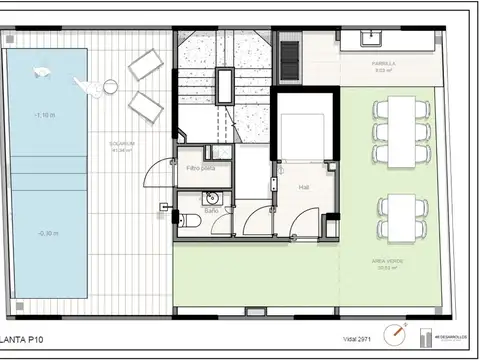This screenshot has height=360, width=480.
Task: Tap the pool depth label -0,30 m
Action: click(46, 232)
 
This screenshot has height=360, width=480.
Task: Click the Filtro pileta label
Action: click(201, 168)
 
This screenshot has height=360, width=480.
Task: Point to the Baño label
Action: click(212, 212)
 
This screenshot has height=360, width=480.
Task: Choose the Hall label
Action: click(303, 187)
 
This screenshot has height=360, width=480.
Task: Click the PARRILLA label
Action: click(384, 64)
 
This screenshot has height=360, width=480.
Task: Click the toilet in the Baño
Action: click(183, 220)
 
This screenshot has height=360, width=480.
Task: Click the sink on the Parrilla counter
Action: click(371, 39)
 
